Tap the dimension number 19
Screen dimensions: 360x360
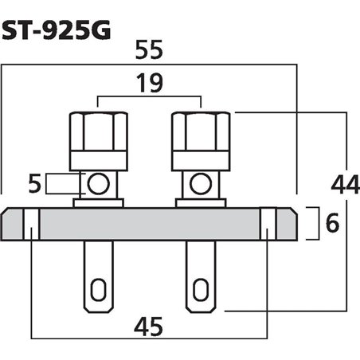pyautogui.click(x=149, y=82)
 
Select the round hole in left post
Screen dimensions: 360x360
pyautogui.click(x=99, y=185)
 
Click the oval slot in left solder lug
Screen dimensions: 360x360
pyautogui.click(x=99, y=286)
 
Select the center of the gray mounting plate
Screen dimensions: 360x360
pyautogui.click(x=150, y=225)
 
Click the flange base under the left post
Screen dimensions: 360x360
pyautogui.click(x=99, y=203)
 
